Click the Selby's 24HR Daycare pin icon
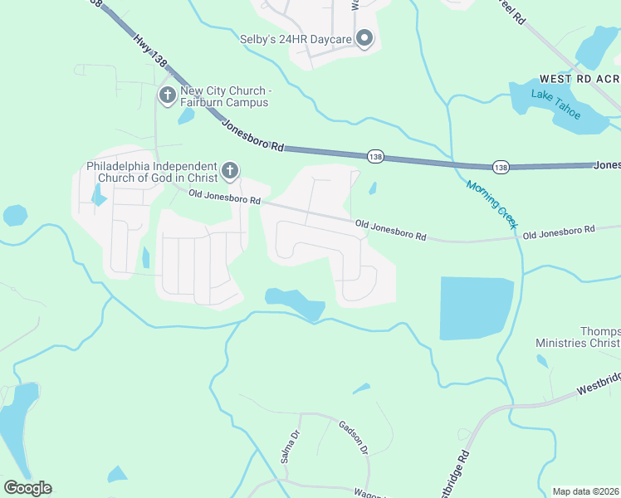(x=364, y=37)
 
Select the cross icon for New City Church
(x=167, y=95)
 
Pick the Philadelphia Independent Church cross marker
(x=230, y=172)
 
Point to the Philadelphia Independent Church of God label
(x=152, y=171)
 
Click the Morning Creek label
(x=491, y=205)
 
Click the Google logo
(x=27, y=488)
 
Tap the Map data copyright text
(x=584, y=491)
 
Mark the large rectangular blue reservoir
(x=477, y=307)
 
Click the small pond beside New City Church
(x=186, y=116)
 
